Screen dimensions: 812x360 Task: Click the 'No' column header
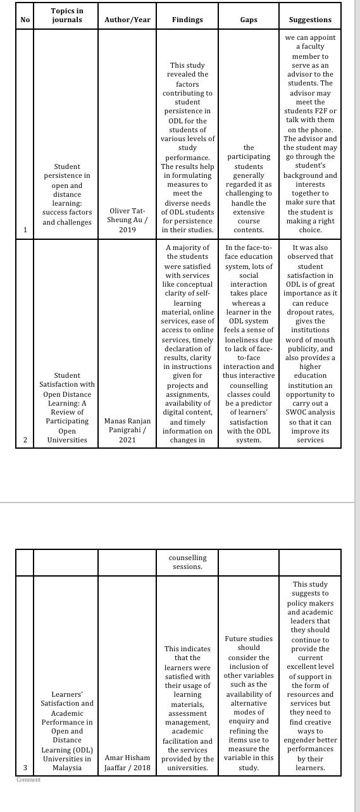25,20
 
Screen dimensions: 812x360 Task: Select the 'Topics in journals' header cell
66,15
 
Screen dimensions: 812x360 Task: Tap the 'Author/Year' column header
127,20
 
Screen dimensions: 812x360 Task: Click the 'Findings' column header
187,20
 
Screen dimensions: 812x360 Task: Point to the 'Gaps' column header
249,20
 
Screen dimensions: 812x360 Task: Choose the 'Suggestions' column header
310,20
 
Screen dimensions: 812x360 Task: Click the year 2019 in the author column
127,230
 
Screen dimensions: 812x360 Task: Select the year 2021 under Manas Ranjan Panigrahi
127,439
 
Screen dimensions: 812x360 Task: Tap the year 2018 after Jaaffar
142,768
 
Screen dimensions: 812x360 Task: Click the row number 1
25,230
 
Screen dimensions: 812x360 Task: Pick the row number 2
25,439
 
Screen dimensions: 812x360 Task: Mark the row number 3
25,768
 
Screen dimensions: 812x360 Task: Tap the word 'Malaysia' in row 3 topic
66,768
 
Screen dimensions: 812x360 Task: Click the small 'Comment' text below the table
28,780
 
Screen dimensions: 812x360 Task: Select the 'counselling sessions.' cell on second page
187,562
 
